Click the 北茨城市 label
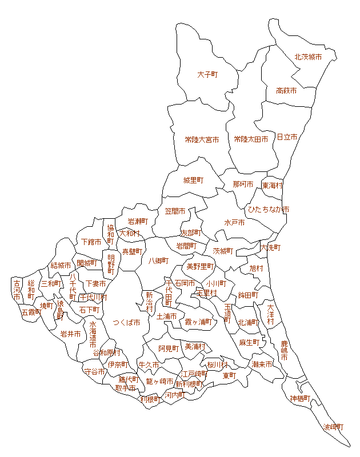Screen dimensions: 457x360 click(x=308, y=57)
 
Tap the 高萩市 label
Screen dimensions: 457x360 click(x=286, y=91)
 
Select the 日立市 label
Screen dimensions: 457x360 click(x=287, y=138)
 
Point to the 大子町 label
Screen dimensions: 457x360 click(x=208, y=75)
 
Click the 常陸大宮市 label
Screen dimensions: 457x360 click(x=202, y=139)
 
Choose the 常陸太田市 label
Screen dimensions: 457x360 click(x=251, y=139)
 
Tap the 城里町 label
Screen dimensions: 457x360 click(x=193, y=181)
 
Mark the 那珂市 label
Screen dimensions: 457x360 click(x=243, y=185)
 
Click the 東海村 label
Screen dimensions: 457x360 click(x=273, y=186)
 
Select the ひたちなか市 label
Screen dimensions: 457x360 click(x=268, y=210)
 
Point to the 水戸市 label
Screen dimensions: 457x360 click(x=234, y=222)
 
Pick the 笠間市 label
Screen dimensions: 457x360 click(x=175, y=211)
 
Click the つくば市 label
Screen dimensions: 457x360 click(x=126, y=322)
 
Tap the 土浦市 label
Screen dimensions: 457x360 click(x=167, y=316)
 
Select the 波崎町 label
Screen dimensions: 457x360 click(x=334, y=427)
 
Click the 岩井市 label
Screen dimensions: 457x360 click(x=71, y=334)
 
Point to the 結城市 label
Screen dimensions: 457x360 click(x=61, y=266)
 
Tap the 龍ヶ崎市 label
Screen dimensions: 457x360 click(x=159, y=382)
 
